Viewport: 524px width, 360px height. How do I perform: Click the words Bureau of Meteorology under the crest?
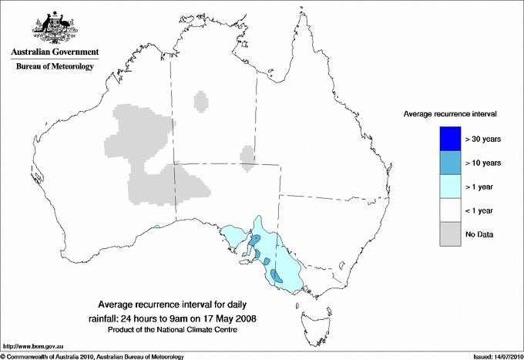click(x=55, y=67)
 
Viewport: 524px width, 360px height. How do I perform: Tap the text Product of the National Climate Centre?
click(x=177, y=329)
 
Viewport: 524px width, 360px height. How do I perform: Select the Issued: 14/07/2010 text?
click(x=492, y=355)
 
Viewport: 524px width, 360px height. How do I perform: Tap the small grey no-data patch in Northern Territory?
click(x=201, y=102)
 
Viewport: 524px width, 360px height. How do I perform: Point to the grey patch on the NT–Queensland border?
click(x=247, y=155)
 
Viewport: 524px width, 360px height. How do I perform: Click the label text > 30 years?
click(x=484, y=139)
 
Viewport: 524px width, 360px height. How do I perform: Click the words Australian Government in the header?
click(x=55, y=52)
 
